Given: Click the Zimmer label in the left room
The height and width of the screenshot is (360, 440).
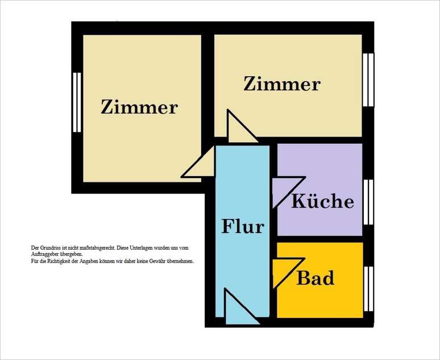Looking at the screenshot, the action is tap(139, 107).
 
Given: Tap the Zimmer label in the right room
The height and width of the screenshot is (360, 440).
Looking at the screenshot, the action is tap(282, 84).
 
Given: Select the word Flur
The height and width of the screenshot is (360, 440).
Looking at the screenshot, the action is tap(243, 226).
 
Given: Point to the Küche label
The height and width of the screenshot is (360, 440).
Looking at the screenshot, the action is tap(322, 201).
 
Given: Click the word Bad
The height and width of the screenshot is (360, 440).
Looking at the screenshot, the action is tap(316, 279).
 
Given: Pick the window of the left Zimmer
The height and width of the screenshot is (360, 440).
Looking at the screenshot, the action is tap(77, 103).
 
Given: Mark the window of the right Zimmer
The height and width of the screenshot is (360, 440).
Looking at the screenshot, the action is tap(369, 80).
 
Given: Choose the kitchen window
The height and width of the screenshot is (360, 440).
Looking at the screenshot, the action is tap(368, 202).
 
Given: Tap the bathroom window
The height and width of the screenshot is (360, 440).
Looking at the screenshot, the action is tap(368, 281).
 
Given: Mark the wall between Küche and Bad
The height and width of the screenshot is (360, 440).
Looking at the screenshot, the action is tap(319, 239).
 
